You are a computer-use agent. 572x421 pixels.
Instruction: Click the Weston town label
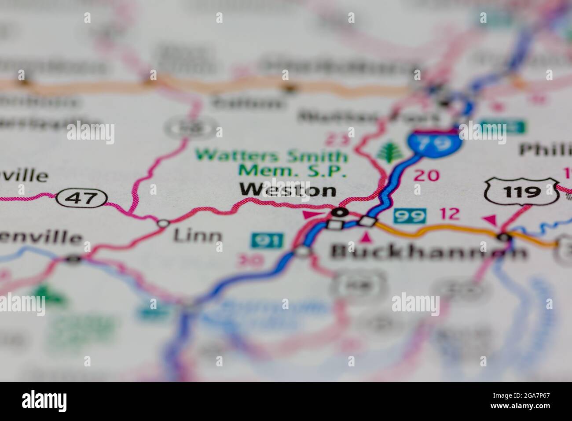tap(288, 190)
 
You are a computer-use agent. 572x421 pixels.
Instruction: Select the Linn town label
tap(198, 236)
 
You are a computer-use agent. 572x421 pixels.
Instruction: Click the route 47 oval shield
tap(82, 198)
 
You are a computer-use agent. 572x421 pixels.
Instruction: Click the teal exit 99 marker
tap(410, 216)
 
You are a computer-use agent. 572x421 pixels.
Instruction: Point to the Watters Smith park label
tap(271, 155)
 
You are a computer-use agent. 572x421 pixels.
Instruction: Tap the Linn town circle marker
tap(163, 223)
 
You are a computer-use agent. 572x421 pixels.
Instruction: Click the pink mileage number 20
tap(426, 175)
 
